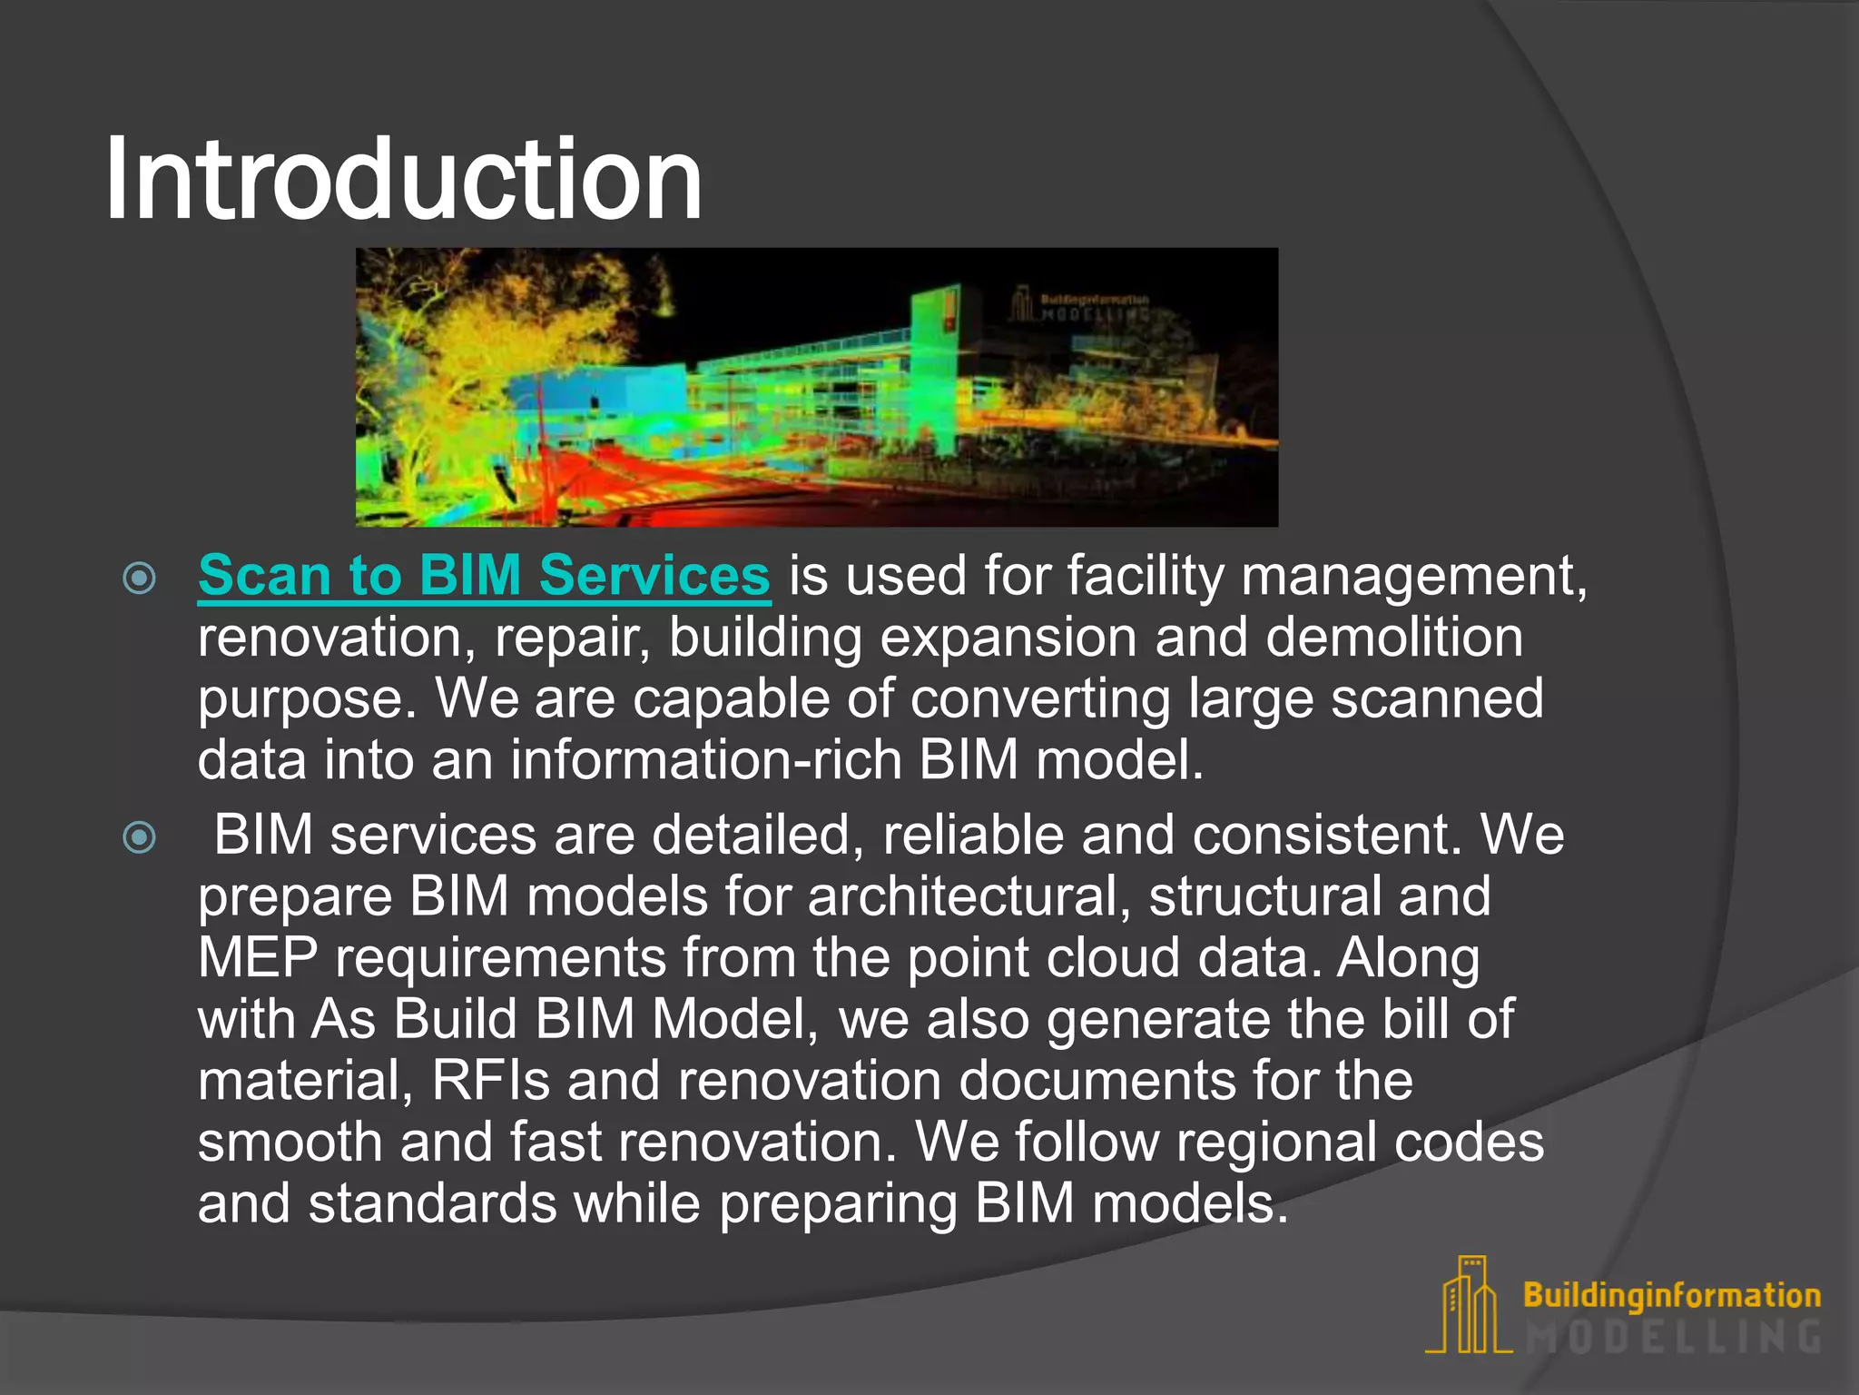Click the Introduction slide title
point(404,179)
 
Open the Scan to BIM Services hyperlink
point(484,576)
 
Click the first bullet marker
point(139,578)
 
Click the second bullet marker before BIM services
point(139,836)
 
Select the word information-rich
point(705,759)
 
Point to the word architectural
point(969,897)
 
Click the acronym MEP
point(258,958)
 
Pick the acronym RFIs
point(490,1081)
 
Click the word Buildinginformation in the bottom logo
point(1671,1295)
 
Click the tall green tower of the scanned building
point(935,363)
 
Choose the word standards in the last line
point(432,1204)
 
